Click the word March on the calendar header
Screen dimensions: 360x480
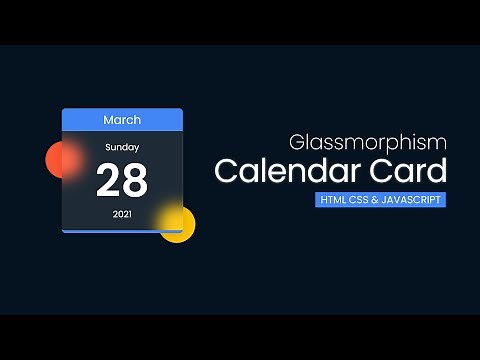[122, 120]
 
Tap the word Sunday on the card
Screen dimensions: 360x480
[122, 147]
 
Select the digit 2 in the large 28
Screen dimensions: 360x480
[109, 181]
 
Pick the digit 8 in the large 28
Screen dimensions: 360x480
[135, 181]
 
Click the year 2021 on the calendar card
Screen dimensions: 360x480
[122, 214]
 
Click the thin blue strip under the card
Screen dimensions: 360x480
[122, 231]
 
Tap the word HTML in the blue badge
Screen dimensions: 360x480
[331, 200]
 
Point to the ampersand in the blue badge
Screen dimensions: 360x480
[373, 200]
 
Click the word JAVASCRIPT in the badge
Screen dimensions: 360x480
[410, 200]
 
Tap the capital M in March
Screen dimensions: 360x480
[108, 120]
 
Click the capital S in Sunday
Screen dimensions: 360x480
[108, 147]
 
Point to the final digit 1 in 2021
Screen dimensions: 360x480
[129, 214]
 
